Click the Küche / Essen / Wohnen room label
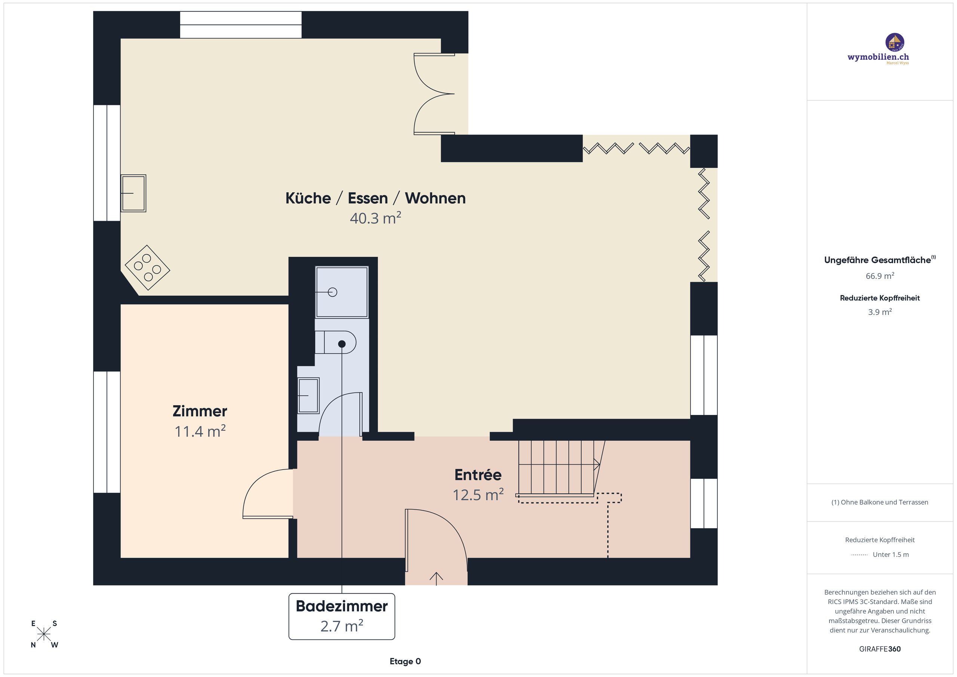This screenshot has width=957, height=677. click(x=375, y=199)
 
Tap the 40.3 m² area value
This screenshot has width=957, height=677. click(x=375, y=218)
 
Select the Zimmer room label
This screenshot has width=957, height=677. click(x=200, y=412)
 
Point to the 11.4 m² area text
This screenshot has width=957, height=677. click(x=200, y=431)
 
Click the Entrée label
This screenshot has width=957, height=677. click(x=478, y=475)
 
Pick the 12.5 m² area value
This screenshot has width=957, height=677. click(x=478, y=495)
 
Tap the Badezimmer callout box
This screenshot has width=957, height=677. click(x=341, y=616)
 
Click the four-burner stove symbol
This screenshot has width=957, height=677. click(x=147, y=268)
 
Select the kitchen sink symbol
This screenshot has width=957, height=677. click(x=133, y=193)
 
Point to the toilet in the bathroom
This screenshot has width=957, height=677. click(x=336, y=343)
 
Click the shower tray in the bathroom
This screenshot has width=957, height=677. click(x=342, y=292)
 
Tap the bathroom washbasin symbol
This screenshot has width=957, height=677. click(x=308, y=395)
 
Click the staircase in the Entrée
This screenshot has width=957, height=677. click(x=557, y=468)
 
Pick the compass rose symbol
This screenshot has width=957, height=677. click(x=44, y=634)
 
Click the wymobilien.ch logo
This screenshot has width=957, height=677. click(x=878, y=49)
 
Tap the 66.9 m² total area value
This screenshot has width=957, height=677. click(x=880, y=276)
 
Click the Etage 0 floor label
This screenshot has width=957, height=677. click(x=405, y=661)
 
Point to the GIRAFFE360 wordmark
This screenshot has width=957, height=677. click(x=880, y=649)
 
